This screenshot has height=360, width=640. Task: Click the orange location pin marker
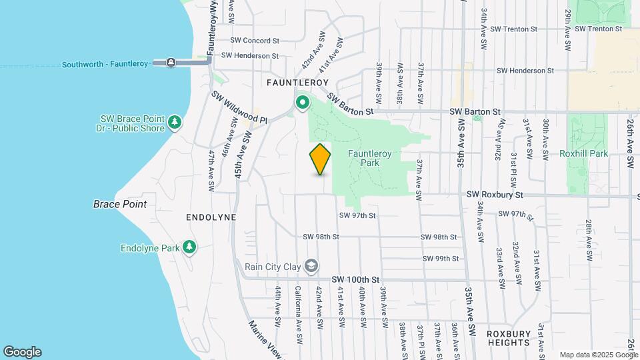320,159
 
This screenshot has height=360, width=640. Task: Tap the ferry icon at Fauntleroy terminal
171,63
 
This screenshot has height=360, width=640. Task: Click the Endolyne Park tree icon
190,247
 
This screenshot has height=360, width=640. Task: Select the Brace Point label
120,204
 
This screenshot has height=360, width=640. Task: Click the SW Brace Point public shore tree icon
175,121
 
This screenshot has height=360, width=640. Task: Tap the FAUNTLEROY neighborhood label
297,83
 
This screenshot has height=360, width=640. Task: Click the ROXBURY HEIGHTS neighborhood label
508,338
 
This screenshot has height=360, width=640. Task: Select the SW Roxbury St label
495,195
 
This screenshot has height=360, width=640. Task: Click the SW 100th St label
355,279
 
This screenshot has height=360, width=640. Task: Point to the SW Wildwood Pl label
239,107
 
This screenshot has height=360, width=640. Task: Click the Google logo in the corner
22,352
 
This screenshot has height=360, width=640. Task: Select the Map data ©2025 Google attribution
599,355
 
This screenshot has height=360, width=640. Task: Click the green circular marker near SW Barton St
302,103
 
